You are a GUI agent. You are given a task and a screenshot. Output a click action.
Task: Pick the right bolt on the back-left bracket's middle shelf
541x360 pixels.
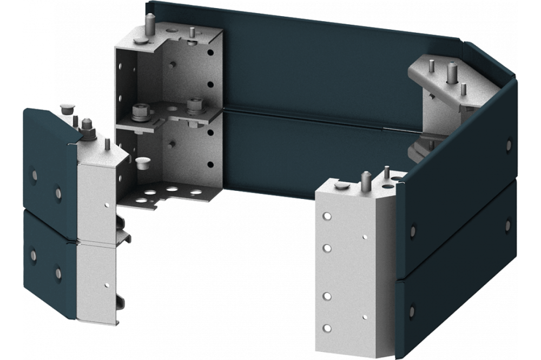[193, 104]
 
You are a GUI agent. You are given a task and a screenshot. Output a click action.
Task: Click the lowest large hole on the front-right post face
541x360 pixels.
[326, 328]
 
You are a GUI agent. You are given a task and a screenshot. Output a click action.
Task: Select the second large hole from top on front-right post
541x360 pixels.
[327, 248]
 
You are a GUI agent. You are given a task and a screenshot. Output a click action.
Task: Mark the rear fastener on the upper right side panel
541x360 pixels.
[508, 144]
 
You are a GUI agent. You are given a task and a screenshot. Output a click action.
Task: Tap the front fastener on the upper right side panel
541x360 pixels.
[413, 231]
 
